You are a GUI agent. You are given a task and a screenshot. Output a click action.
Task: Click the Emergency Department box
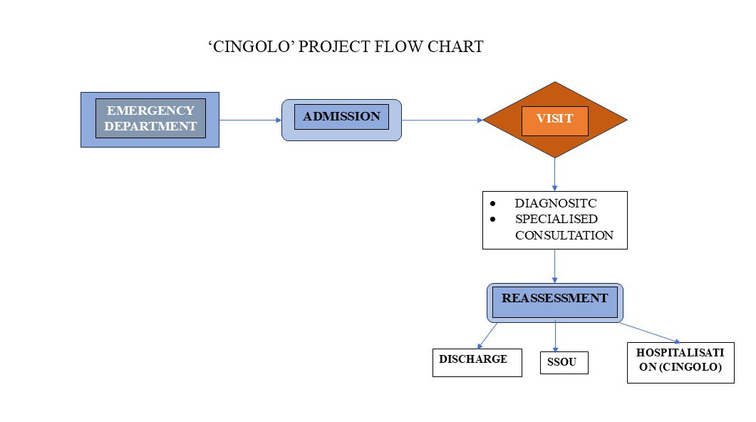150,119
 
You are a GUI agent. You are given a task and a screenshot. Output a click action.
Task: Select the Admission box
341,119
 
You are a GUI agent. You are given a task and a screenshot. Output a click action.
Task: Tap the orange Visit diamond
554,119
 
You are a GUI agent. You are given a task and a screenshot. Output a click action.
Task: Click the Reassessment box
554,302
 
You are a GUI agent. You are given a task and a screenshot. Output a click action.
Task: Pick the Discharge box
477,362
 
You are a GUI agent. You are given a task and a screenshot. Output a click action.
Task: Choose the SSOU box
564,363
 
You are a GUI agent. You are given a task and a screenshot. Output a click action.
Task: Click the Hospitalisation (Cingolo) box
680,361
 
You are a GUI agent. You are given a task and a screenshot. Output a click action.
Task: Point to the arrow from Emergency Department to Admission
250,120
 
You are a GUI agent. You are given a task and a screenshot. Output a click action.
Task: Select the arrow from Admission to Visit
442,120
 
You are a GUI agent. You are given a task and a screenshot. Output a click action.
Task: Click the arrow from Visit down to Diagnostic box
554,174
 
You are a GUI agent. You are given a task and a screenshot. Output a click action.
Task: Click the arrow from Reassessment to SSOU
555,336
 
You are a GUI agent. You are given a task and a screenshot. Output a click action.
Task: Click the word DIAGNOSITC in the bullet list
556,203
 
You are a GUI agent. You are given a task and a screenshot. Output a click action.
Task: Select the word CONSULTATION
564,235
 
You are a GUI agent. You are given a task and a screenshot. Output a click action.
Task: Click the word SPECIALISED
556,219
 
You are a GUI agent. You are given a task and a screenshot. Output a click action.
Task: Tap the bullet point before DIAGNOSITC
492,203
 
